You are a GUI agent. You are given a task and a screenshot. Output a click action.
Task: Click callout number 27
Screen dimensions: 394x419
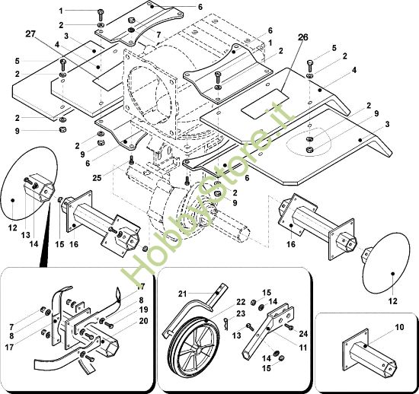click(x=30, y=34)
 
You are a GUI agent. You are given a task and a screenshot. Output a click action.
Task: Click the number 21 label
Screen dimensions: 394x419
click(x=181, y=294)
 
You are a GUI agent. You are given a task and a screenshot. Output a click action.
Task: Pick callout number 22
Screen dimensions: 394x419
click(x=240, y=302)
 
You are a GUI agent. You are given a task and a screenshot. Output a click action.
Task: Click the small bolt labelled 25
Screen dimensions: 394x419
click(x=131, y=161)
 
